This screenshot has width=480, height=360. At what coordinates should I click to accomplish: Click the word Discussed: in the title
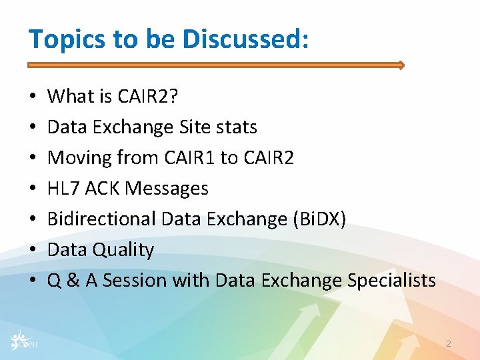[246, 39]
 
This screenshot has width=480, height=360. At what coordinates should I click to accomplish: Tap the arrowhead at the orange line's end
[401, 65]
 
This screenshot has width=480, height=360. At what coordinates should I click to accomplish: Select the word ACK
[103, 189]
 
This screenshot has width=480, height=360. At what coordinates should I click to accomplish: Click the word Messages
[167, 189]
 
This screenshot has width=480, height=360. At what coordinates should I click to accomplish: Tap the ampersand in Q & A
[73, 281]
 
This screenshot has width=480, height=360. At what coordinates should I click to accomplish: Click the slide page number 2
[449, 343]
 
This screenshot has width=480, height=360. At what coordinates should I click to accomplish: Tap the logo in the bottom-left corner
[26, 340]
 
